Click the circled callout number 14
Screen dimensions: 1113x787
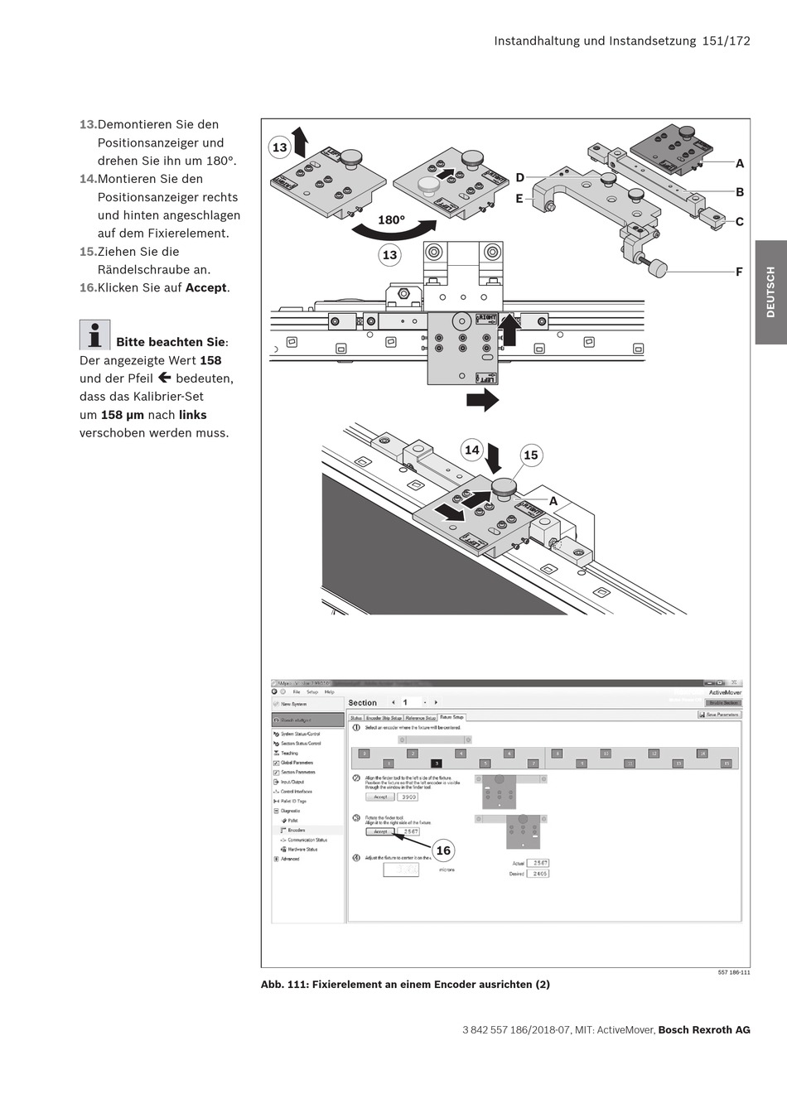pos(471,450)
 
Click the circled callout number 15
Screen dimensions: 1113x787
pos(531,455)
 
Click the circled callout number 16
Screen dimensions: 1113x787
pos(443,850)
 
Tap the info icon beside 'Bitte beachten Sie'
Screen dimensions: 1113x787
pos(94,335)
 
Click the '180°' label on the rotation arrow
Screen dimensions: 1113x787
pos(391,220)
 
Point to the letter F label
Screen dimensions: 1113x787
pos(739,272)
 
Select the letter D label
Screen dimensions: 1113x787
pos(520,177)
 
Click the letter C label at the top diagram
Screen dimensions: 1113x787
pos(740,221)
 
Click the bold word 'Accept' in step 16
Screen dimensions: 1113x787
pos(206,288)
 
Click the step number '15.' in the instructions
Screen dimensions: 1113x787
pos(88,252)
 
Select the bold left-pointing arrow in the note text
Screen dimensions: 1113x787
pos(164,378)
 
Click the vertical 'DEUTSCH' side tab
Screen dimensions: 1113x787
pos(770,291)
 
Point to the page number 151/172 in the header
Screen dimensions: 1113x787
pos(726,41)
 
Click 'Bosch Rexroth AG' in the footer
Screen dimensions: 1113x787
pos(704,1030)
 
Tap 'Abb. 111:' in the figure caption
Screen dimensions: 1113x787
pos(284,985)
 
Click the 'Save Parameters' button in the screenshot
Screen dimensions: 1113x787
pos(721,714)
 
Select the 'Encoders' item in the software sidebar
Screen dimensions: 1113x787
pos(297,830)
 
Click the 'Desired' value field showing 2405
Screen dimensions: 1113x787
pos(539,874)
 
